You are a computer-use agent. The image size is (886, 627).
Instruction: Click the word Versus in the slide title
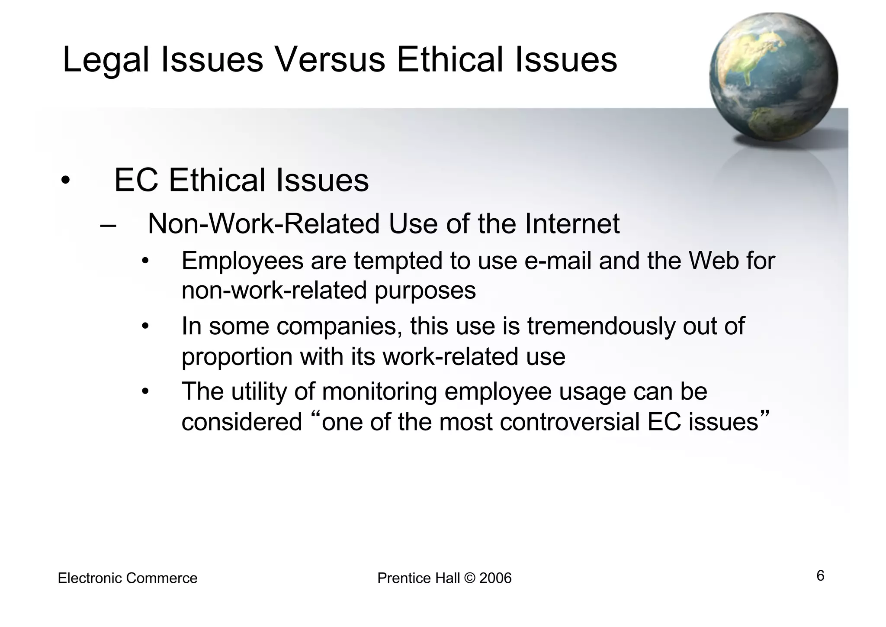coord(330,60)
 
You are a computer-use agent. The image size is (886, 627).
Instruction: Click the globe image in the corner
coord(773,77)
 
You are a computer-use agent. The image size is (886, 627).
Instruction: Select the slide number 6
coord(820,576)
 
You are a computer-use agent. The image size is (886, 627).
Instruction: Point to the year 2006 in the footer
coord(495,579)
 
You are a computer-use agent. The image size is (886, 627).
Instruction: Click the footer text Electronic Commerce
coord(128,579)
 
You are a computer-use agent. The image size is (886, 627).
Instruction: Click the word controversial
coord(569,422)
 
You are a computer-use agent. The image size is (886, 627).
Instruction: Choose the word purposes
coord(425,291)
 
